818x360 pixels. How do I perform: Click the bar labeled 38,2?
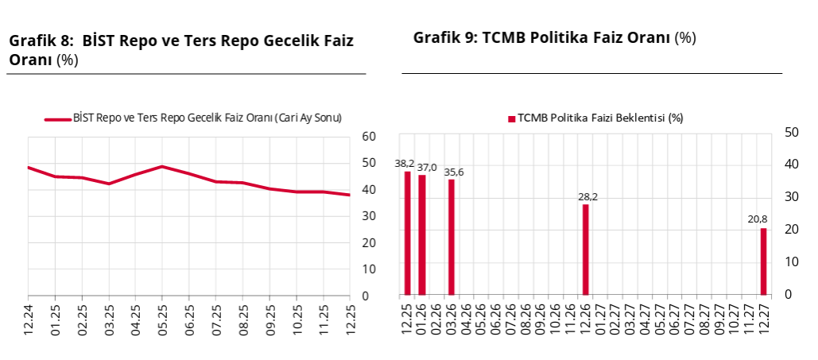tap(408, 233)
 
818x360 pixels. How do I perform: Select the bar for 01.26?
tap(422, 234)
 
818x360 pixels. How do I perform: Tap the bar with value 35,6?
tap(452, 237)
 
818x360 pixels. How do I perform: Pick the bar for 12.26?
tap(585, 250)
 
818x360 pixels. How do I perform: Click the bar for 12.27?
tap(763, 261)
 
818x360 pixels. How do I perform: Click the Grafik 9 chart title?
tap(554, 37)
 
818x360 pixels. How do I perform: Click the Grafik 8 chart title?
tap(180, 49)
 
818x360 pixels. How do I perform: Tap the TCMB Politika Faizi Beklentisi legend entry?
tap(596, 118)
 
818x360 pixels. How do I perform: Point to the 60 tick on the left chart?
tap(368, 136)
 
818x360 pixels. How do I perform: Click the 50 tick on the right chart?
tap(791, 132)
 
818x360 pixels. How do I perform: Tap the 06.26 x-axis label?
tap(496, 315)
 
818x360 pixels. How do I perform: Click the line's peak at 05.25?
tap(162, 166)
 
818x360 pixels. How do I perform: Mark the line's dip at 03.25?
tap(109, 184)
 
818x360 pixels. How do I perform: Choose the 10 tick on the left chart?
tap(368, 269)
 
